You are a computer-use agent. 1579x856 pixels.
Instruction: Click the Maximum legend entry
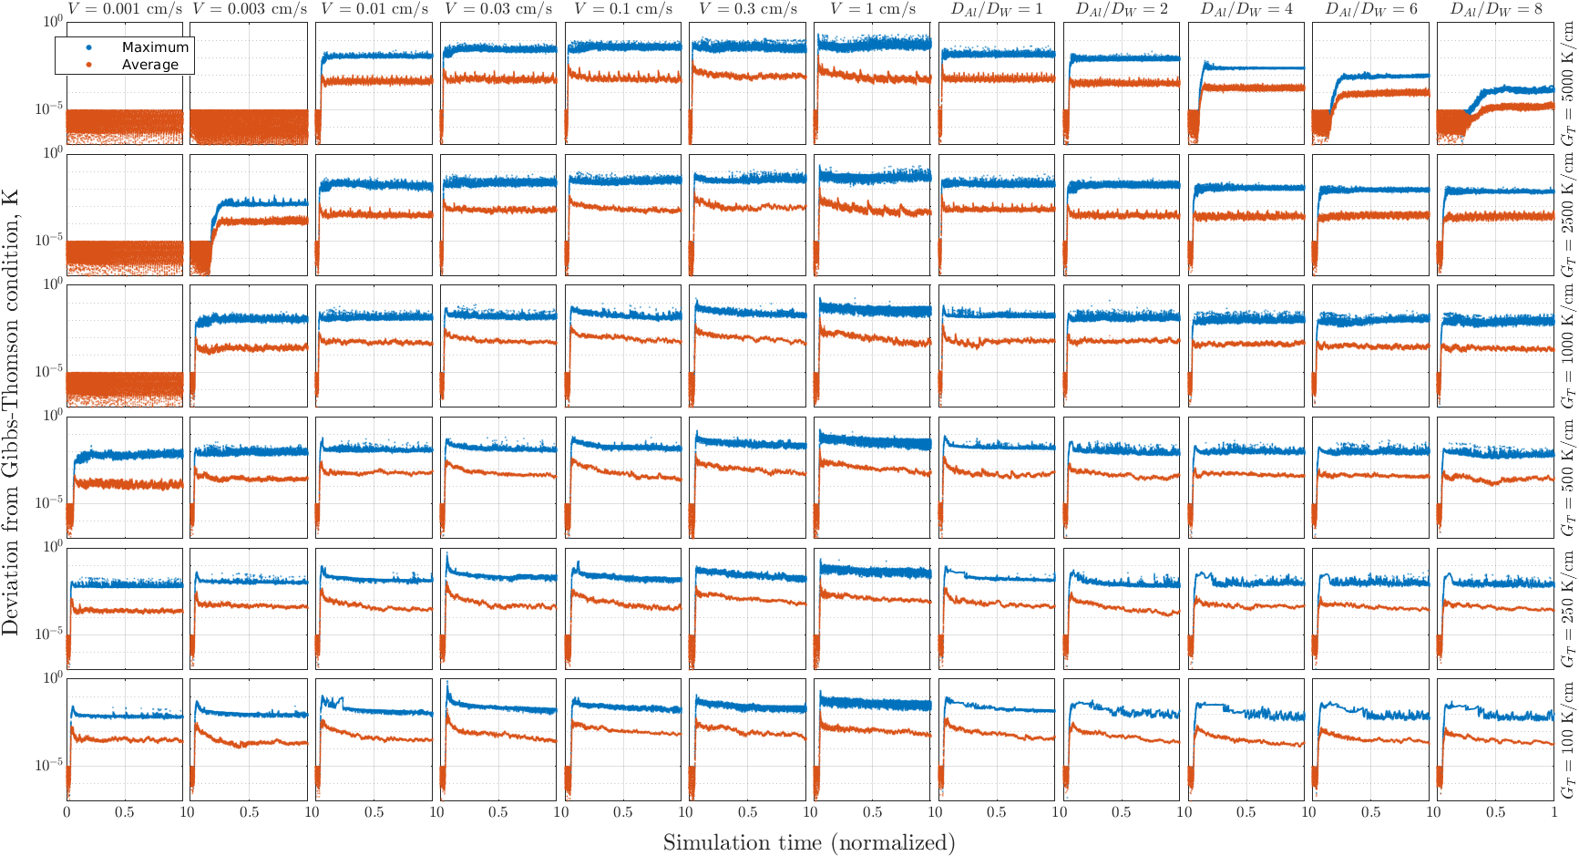(x=137, y=46)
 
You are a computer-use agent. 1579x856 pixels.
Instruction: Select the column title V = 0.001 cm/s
(x=125, y=9)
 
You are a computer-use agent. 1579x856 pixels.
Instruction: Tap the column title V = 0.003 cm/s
(x=250, y=9)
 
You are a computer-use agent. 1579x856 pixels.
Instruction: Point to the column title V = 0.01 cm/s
(x=374, y=9)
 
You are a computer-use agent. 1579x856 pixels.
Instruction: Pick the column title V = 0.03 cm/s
(x=499, y=9)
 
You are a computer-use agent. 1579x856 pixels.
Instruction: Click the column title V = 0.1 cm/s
(x=623, y=9)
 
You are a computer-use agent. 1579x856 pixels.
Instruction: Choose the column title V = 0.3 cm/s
(x=748, y=9)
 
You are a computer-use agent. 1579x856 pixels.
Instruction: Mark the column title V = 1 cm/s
(x=873, y=9)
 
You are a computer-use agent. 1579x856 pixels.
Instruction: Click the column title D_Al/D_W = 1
(x=998, y=9)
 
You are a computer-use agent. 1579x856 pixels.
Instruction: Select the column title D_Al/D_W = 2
(x=1123, y=9)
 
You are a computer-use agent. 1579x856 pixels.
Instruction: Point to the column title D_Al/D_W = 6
(x=1371, y=9)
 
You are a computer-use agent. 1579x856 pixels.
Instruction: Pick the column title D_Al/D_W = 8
(x=1496, y=9)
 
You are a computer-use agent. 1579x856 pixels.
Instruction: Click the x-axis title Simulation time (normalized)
(x=809, y=842)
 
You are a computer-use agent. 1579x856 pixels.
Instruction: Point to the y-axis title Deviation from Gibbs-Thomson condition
(x=11, y=412)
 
